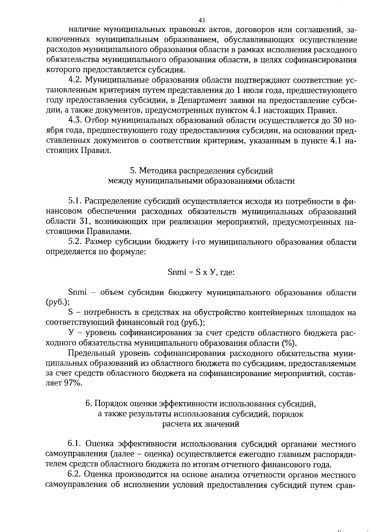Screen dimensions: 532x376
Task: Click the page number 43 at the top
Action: (x=202, y=20)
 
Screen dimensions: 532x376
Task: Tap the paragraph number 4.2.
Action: (x=75, y=81)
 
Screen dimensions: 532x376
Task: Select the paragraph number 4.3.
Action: (x=75, y=121)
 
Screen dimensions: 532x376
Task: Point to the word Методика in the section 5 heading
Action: (x=157, y=171)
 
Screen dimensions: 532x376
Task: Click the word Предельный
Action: (x=91, y=353)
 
